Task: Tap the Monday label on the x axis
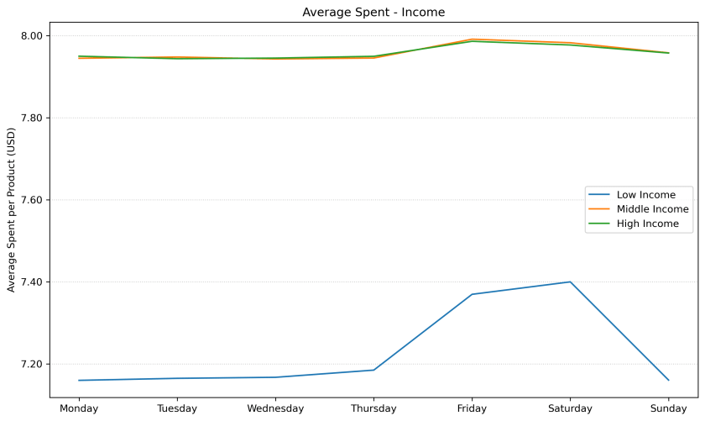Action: [x=79, y=409]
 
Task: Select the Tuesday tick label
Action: [x=177, y=409]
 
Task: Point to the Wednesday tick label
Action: [x=275, y=409]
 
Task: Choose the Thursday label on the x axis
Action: [x=373, y=409]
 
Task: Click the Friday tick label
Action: [x=472, y=409]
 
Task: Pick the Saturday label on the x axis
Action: [x=570, y=409]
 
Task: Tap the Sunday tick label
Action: [x=668, y=409]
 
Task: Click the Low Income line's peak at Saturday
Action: [x=570, y=282]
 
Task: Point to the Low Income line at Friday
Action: [x=472, y=294]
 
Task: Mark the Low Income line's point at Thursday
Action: [x=373, y=370]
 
